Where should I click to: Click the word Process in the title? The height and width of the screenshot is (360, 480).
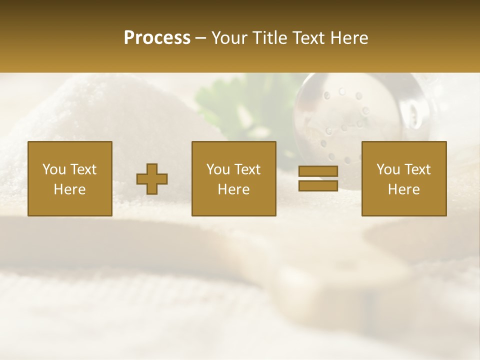pyautogui.click(x=157, y=38)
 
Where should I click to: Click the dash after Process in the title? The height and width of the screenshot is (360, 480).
pyautogui.click(x=201, y=38)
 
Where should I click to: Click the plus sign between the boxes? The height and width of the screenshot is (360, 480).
pyautogui.click(x=152, y=179)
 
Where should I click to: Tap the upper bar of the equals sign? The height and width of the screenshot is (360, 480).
pyautogui.click(x=318, y=171)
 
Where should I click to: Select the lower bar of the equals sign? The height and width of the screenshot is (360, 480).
pyautogui.click(x=318, y=186)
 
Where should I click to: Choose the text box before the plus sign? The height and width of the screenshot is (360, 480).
pyautogui.click(x=70, y=178)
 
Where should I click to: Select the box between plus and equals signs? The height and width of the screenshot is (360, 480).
pyautogui.click(x=234, y=178)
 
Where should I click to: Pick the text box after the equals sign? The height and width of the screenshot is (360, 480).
pyautogui.click(x=404, y=178)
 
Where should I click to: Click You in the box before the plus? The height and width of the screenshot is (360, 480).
pyautogui.click(x=54, y=169)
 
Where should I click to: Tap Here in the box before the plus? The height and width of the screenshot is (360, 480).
pyautogui.click(x=70, y=189)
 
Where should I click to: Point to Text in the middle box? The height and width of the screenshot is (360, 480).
pyautogui.click(x=248, y=169)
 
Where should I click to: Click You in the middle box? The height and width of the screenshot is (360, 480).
pyautogui.click(x=218, y=169)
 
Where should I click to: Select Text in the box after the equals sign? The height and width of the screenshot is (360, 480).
pyautogui.click(x=418, y=169)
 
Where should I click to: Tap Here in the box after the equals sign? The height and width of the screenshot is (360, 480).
pyautogui.click(x=404, y=189)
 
